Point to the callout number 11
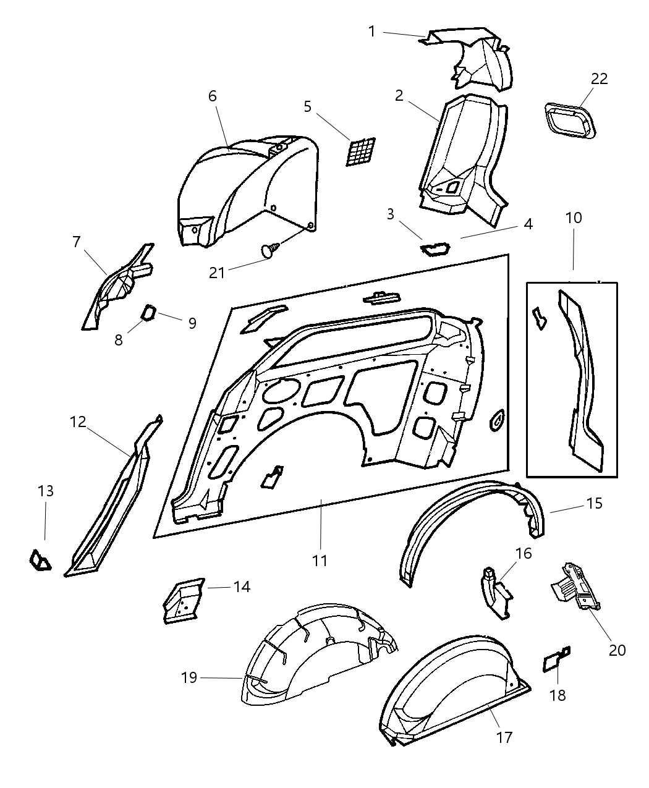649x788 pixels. pyautogui.click(x=320, y=561)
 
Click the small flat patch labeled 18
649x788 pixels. pyautogui.click(x=552, y=661)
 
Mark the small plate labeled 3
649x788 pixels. pyautogui.click(x=435, y=249)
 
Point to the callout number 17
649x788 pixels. pyautogui.click(x=504, y=737)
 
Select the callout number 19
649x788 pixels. pyautogui.click(x=189, y=678)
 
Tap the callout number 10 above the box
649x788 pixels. pyautogui.click(x=573, y=218)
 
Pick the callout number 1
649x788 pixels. pyautogui.click(x=372, y=30)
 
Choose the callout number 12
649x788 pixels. pyautogui.click(x=78, y=422)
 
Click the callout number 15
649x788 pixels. pyautogui.click(x=594, y=504)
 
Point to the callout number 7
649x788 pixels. pyautogui.click(x=76, y=242)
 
